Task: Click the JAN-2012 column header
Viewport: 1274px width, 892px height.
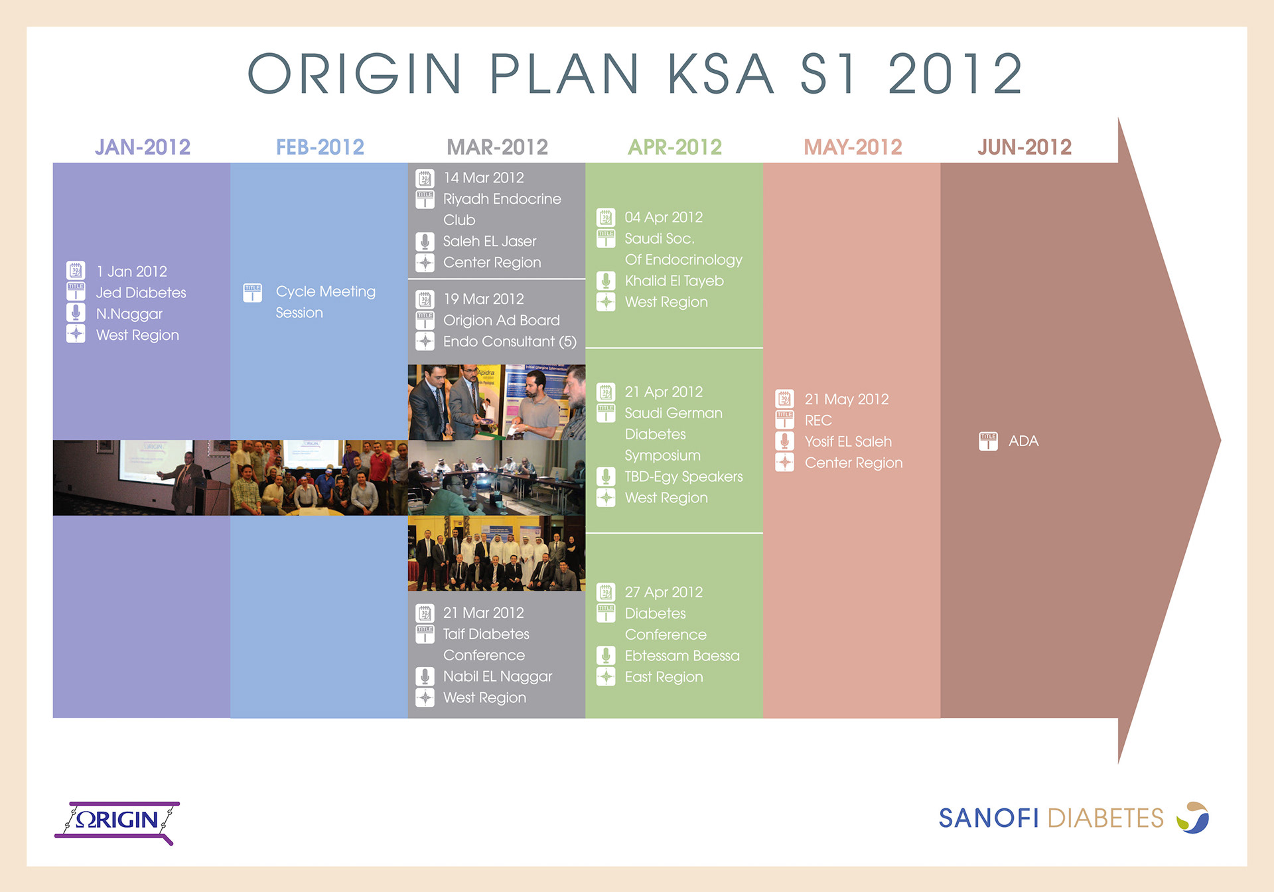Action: click(143, 147)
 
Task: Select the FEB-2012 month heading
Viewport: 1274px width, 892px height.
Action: click(320, 147)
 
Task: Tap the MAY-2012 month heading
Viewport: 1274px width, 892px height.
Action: click(853, 147)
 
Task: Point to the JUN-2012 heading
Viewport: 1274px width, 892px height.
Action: click(1025, 147)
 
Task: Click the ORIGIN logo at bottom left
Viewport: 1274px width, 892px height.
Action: click(117, 822)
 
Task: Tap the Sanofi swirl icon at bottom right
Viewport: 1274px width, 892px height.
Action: click(1193, 817)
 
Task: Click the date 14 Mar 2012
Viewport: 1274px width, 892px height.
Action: click(484, 178)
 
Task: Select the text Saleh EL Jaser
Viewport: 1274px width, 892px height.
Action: click(490, 242)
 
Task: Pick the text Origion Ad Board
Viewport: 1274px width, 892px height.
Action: click(502, 321)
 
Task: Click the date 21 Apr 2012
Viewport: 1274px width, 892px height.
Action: click(664, 392)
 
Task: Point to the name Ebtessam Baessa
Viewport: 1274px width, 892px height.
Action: click(682, 656)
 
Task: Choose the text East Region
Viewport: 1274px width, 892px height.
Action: click(664, 677)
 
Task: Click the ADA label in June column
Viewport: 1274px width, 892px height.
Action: click(1023, 441)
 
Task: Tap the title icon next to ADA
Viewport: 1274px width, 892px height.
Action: click(988, 441)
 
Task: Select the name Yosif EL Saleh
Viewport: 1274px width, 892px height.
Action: click(848, 442)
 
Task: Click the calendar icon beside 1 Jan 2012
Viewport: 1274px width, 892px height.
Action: click(76, 270)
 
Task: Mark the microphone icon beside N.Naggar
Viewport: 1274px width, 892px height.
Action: click(76, 313)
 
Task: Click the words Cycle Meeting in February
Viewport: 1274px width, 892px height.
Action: click(326, 292)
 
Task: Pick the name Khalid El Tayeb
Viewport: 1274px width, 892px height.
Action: click(674, 281)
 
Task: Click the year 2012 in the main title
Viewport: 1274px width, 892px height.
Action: click(955, 74)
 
